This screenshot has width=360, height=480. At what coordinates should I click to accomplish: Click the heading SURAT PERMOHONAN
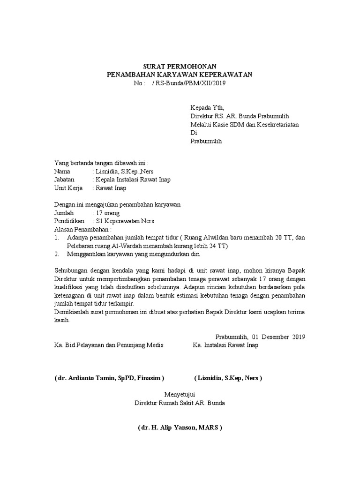click(x=180, y=66)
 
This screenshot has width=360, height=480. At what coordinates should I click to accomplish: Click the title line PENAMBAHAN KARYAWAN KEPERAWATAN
click(x=180, y=75)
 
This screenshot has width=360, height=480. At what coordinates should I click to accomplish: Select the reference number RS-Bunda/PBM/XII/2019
click(x=188, y=83)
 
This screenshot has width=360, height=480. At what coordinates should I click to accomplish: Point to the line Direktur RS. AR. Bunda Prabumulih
click(x=239, y=116)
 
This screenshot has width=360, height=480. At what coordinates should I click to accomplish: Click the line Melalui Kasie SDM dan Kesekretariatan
click(x=244, y=124)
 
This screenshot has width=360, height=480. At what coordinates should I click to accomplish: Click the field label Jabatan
click(x=65, y=180)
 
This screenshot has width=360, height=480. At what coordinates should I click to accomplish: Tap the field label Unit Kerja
click(x=68, y=188)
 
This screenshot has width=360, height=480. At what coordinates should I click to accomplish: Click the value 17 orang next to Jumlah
click(x=107, y=213)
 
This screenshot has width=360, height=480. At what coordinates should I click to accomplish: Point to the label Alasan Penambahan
click(x=83, y=230)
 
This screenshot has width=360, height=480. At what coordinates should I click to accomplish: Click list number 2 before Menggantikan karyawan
click(x=57, y=254)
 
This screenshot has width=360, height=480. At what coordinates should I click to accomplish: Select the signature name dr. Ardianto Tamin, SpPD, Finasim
click(x=110, y=378)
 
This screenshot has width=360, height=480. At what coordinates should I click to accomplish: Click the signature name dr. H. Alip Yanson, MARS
click(x=180, y=427)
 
